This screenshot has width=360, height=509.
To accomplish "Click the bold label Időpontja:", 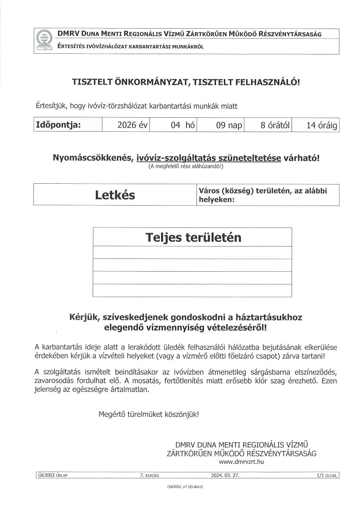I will coord(58,124).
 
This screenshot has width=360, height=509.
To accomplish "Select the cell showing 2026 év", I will coord(132,126).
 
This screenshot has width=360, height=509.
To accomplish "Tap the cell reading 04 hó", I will coord(183,126).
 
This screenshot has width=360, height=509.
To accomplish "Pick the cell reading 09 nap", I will coord(229,126).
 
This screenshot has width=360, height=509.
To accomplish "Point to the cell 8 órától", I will coord(275,126).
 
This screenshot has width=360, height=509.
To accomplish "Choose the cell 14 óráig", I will coord(321,126).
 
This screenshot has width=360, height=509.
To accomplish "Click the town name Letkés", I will coord(115,195).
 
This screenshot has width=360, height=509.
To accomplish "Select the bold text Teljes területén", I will coord(193,237).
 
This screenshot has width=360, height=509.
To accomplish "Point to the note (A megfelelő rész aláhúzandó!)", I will coord(186,167).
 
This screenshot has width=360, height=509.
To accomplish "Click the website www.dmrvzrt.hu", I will coord(241,462).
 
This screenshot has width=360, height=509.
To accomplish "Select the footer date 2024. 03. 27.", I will coord(225,475).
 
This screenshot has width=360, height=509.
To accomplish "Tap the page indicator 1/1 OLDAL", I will coord(327,475).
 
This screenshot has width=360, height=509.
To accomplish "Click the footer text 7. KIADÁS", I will coord(150,475).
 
